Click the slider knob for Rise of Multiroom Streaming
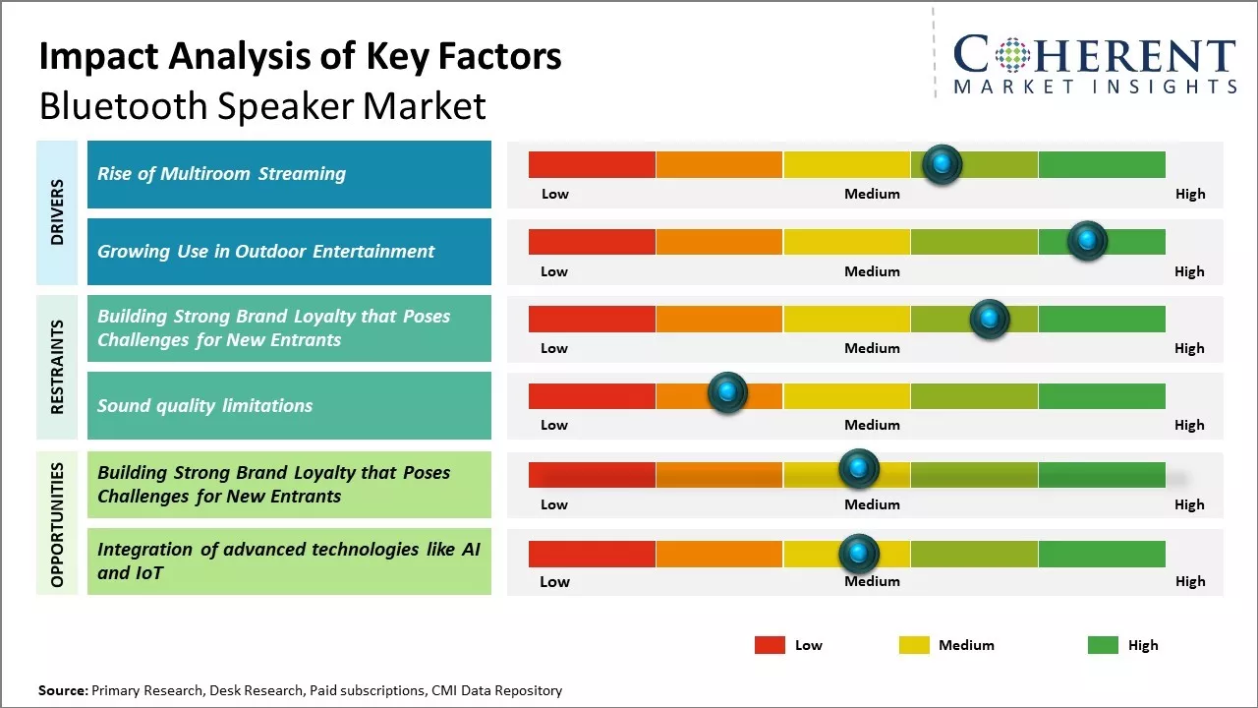(943, 164)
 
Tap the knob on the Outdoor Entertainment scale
(1087, 241)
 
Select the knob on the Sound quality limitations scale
(727, 393)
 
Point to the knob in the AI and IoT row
(859, 554)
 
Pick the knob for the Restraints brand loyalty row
(990, 319)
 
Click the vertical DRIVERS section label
(57, 212)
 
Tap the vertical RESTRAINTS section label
(57, 367)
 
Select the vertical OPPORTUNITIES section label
(57, 524)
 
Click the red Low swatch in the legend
(770, 645)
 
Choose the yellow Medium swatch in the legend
(914, 645)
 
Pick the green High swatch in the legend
(1103, 645)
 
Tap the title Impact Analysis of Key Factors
(300, 56)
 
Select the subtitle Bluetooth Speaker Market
(262, 105)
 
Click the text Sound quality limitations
(204, 405)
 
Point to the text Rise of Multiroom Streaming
(221, 174)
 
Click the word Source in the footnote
(63, 690)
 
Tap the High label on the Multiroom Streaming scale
(1189, 194)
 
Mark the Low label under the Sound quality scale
(554, 425)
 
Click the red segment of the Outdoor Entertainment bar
(592, 241)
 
